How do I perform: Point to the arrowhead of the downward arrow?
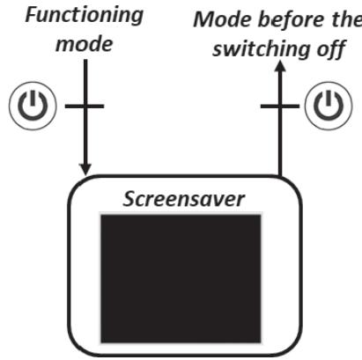(85, 167)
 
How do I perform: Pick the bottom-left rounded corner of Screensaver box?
(76, 347)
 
